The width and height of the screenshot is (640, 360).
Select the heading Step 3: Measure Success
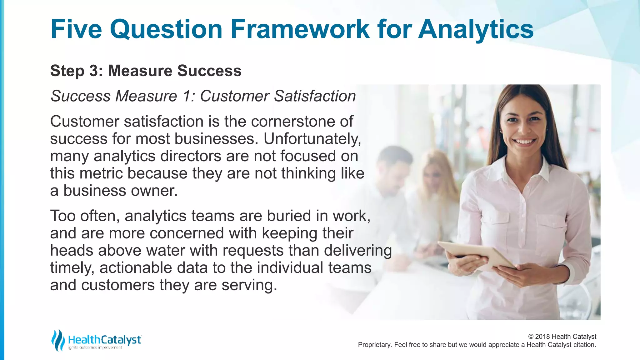[x=146, y=71]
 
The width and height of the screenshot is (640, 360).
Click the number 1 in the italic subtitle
[x=188, y=96]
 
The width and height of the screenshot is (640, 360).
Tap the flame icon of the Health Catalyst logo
[x=58, y=340]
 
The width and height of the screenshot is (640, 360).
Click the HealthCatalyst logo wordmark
[x=105, y=340]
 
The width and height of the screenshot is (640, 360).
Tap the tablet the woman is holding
[x=478, y=255]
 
